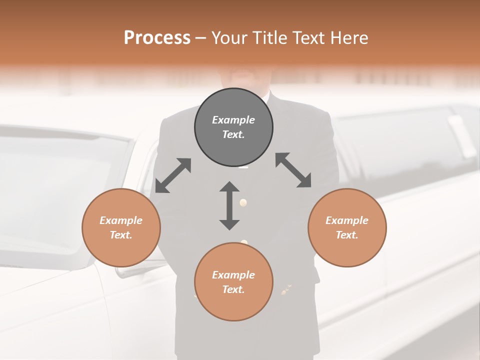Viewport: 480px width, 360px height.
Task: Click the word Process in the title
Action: coord(157,38)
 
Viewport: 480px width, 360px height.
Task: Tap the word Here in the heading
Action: coord(348,38)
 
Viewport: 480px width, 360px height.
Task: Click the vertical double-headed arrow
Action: coord(229,206)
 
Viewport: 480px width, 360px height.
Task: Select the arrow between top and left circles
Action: coord(173,175)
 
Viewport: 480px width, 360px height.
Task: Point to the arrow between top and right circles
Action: coord(293,170)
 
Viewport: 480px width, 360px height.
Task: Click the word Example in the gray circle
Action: coord(233,120)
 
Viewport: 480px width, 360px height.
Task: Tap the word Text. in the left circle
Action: coord(121,235)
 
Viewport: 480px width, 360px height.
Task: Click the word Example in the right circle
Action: coord(347,220)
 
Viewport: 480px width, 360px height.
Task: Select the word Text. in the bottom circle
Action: coord(233,289)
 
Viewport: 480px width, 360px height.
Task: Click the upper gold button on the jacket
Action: coord(243,202)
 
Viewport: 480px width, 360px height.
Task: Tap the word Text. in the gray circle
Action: coord(233,134)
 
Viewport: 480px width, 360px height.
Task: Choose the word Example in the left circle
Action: coord(121,220)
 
